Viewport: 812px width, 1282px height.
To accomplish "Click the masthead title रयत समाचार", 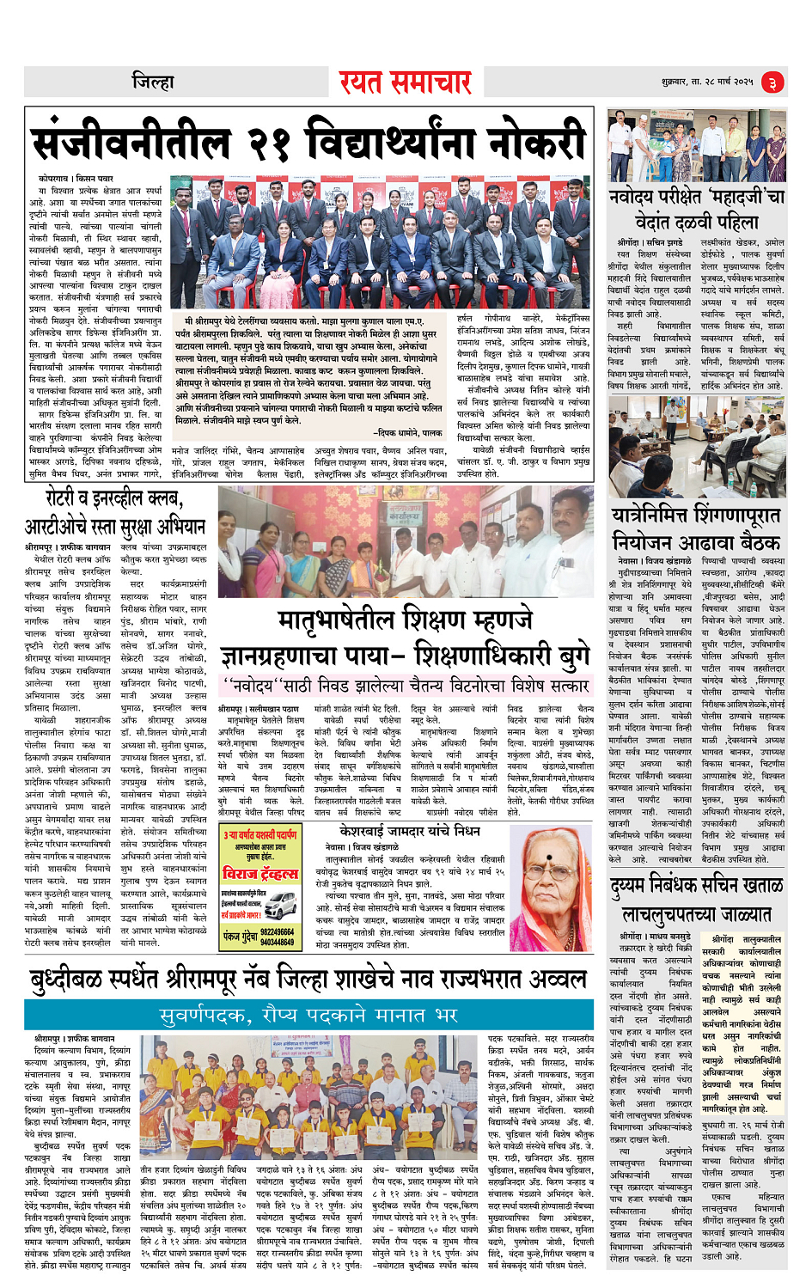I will pyautogui.click(x=405, y=82).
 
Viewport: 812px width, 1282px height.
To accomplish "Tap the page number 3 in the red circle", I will pyautogui.click(x=772, y=82).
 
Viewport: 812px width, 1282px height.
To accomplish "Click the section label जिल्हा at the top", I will pyautogui.click(x=153, y=82).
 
